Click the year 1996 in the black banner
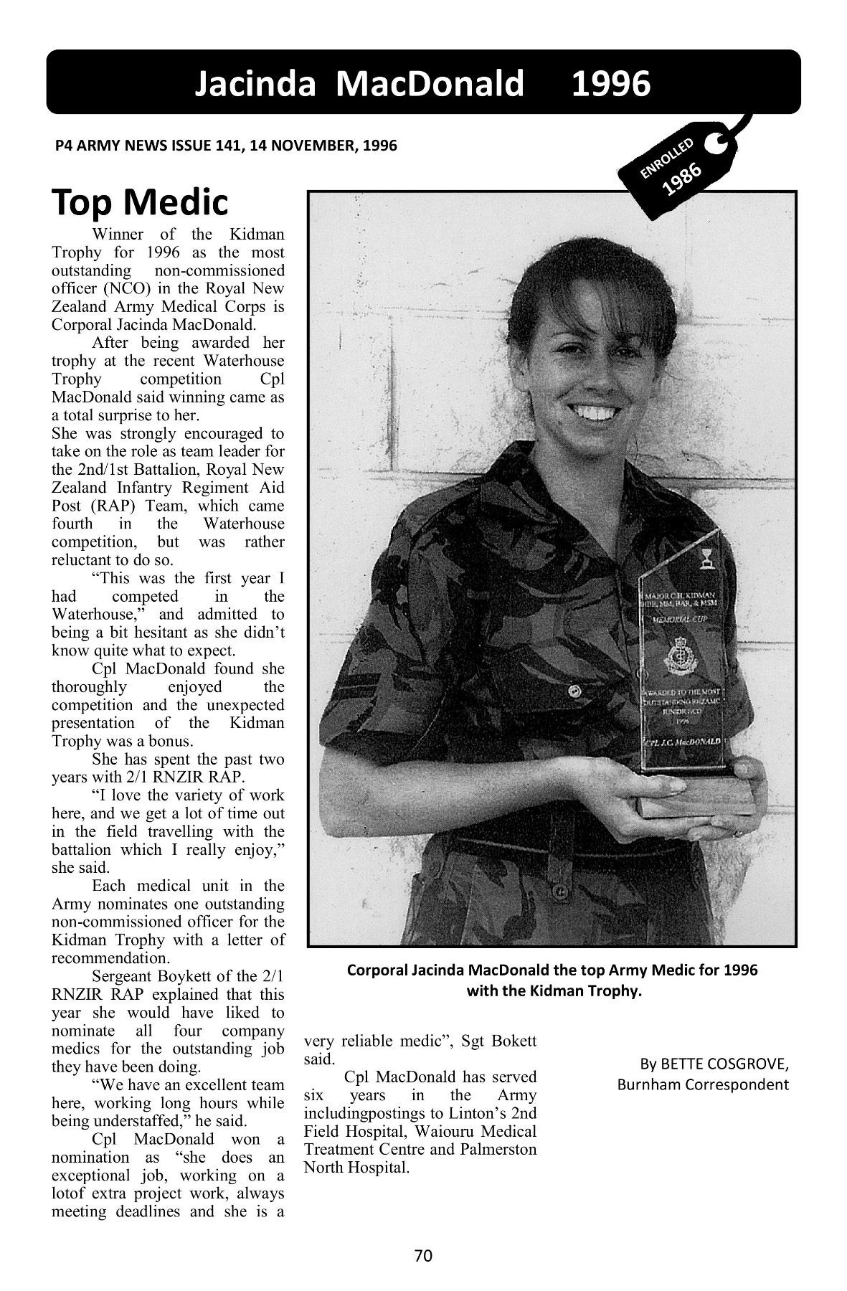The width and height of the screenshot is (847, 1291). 610,84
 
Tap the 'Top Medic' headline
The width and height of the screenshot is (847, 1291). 140,203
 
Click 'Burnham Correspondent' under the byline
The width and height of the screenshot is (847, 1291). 703,1083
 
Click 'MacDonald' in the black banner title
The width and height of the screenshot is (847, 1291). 431,84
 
